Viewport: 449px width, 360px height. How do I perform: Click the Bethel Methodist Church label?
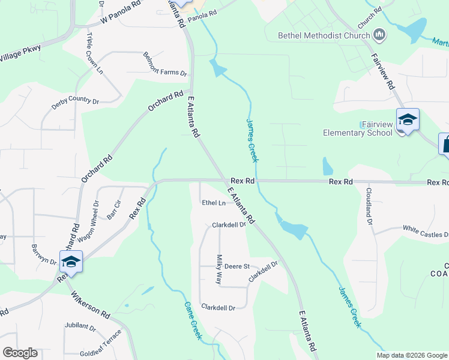pyautogui.click(x=324, y=35)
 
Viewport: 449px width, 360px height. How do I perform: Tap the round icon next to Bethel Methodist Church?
pyautogui.click(x=379, y=35)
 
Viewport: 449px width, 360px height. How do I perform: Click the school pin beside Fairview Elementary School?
pyautogui.click(x=408, y=121)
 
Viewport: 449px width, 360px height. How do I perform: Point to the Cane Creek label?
pyautogui.click(x=193, y=320)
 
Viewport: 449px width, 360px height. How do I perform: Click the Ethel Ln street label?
pyautogui.click(x=214, y=203)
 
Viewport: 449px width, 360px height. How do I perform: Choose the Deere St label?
pyautogui.click(x=237, y=266)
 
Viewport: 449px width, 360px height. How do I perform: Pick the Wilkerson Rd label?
pyautogui.click(x=91, y=305)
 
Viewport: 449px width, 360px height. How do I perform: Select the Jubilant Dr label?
pyautogui.click(x=80, y=327)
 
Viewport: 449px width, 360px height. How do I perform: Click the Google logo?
pyautogui.click(x=20, y=353)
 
